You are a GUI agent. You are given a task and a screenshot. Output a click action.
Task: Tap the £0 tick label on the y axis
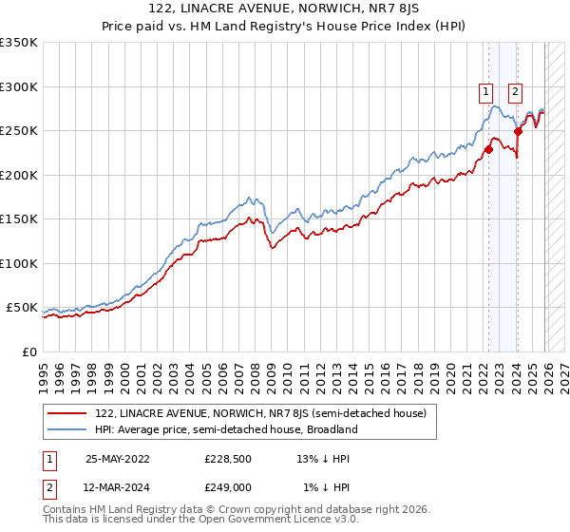click(28, 351)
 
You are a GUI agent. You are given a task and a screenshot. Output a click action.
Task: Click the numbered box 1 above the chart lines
click(485, 92)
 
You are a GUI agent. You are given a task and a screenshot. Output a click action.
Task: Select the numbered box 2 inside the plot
click(515, 92)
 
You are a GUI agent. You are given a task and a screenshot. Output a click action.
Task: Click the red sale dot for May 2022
click(488, 149)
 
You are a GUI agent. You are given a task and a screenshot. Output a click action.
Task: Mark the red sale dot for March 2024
click(518, 131)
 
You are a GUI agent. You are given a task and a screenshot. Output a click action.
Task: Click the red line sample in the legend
click(68, 413)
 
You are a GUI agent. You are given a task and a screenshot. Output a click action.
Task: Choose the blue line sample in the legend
click(68, 429)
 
